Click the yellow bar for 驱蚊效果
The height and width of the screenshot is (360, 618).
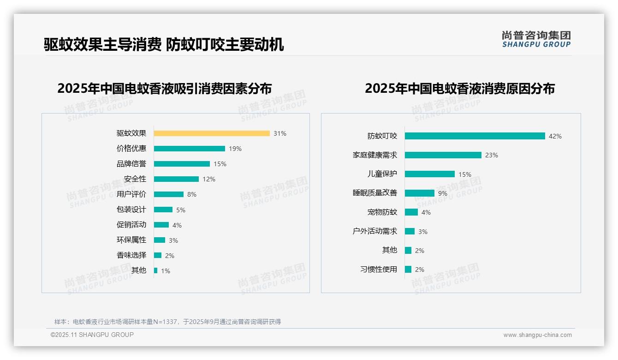click(212, 133)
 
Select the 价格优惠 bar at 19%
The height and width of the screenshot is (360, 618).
click(189, 149)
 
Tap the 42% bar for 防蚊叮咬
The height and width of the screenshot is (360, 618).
click(475, 136)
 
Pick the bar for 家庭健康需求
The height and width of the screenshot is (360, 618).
click(443, 155)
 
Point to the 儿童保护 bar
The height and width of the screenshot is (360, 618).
click(430, 174)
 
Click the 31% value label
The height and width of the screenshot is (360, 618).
click(279, 133)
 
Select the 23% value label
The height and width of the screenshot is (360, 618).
click(491, 155)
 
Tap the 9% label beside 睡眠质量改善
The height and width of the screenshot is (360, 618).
click(442, 193)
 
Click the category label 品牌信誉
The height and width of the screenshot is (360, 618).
click(131, 164)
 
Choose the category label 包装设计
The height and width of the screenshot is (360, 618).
click(131, 210)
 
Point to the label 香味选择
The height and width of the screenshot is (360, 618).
click(131, 255)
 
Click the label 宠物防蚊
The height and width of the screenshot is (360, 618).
click(382, 212)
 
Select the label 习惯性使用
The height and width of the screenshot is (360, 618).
click(379, 269)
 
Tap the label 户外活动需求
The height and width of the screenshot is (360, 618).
click(375, 231)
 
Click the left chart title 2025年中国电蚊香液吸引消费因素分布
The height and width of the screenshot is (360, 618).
click(165, 88)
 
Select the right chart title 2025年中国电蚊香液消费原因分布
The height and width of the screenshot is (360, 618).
click(459, 88)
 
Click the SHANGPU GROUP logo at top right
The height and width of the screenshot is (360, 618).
click(536, 39)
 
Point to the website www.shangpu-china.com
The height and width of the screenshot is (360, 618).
click(537, 335)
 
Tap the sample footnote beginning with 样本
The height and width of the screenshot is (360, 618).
click(167, 322)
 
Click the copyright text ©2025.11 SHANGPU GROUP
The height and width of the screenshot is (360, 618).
click(92, 335)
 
